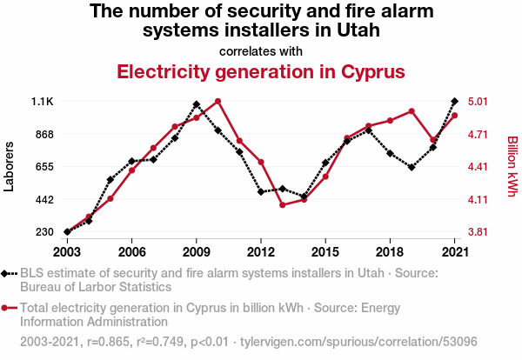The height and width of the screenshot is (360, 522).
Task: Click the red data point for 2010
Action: click(217, 101)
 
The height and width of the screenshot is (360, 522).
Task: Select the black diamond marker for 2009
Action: click(197, 104)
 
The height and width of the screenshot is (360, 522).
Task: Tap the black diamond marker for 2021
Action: click(454, 101)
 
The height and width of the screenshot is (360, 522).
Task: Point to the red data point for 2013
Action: click(283, 205)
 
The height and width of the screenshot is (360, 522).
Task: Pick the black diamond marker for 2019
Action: click(412, 167)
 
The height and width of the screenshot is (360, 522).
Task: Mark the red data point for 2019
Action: click(412, 111)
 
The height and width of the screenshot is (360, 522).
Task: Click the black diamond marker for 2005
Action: click(110, 180)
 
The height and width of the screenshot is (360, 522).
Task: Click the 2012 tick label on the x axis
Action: click(261, 252)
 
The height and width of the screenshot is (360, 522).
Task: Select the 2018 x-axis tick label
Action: click(390, 252)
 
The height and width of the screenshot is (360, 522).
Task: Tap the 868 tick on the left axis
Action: click(44, 135)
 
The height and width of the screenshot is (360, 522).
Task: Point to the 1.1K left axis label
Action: click(43, 102)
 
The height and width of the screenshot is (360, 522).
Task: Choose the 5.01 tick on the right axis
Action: click(478, 102)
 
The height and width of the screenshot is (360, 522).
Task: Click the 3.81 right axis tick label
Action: click(478, 232)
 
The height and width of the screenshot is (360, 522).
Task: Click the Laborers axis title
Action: click(9, 166)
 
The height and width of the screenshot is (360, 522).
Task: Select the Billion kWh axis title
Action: click(512, 166)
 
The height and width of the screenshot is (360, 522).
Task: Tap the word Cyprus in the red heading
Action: click(373, 72)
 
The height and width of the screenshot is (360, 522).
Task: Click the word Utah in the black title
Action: click(358, 30)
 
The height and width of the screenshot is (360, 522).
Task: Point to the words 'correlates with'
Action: click(261, 51)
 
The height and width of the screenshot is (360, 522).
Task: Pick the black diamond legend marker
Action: click(4, 274)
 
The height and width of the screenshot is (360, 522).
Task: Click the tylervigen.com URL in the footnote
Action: click(358, 342)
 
